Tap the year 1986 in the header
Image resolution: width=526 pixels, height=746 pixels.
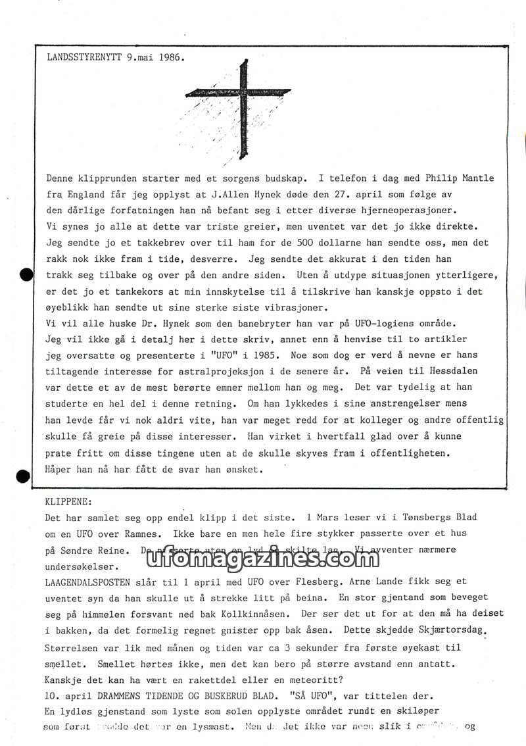pyautogui.click(x=170, y=57)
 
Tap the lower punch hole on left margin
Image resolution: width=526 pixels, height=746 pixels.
pyautogui.click(x=24, y=476)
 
